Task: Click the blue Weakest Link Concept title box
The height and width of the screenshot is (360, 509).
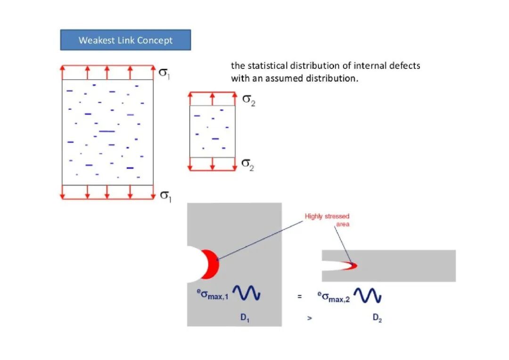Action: (125, 40)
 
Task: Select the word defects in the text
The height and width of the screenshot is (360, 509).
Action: (404, 65)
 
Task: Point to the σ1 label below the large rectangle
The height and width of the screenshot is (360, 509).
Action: (165, 196)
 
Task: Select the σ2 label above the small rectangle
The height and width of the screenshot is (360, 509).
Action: (249, 100)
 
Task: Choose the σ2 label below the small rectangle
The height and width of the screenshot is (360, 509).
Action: (248, 164)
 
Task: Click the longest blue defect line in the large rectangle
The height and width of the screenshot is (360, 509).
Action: (107, 131)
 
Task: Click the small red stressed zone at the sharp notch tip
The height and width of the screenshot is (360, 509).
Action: (351, 266)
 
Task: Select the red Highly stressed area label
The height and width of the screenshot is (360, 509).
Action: (327, 220)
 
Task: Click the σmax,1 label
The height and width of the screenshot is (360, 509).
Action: (213, 294)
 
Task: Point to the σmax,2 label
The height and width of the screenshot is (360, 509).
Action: (334, 297)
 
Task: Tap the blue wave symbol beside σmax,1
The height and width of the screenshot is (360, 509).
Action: (246, 293)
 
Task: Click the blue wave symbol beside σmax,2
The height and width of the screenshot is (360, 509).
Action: (368, 295)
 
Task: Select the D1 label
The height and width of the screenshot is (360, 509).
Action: (245, 318)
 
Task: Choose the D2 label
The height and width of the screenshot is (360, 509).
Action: (377, 318)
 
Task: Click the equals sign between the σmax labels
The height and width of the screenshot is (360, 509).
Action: (300, 296)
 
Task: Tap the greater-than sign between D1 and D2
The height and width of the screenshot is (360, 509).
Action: (309, 318)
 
